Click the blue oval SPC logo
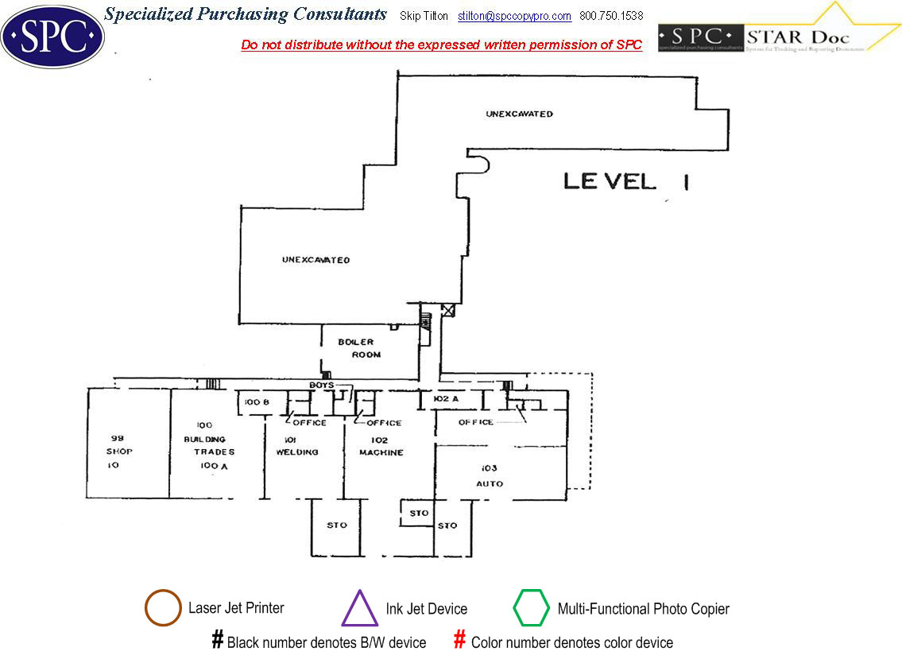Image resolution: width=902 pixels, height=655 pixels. [52, 36]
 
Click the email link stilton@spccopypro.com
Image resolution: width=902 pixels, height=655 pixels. [514, 16]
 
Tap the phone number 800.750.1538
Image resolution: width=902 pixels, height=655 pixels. [611, 16]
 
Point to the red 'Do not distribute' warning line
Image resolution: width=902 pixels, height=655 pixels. [441, 45]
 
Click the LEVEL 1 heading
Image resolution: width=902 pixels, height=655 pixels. [625, 181]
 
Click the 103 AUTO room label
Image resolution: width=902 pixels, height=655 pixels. [490, 475]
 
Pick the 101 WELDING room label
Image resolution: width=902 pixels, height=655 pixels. [296, 445]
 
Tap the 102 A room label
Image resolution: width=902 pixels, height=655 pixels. [447, 398]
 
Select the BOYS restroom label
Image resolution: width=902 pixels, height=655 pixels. [321, 386]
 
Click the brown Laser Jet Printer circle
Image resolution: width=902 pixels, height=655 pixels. [163, 609]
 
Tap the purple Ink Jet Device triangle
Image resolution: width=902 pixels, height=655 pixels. [359, 610]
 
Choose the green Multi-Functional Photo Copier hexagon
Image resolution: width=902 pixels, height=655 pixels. [531, 609]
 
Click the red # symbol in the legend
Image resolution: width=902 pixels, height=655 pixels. [459, 640]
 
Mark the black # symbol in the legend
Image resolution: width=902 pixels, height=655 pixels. [217, 640]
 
